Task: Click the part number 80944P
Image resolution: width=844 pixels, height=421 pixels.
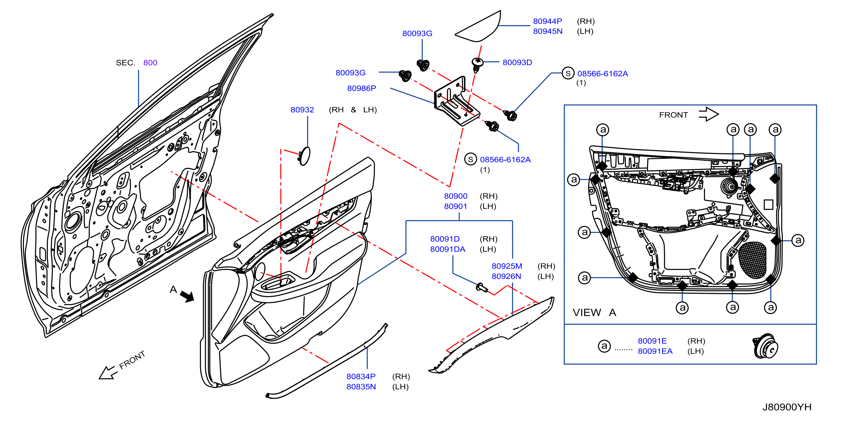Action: [x=547, y=21]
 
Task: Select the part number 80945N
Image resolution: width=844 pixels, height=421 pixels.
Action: [x=547, y=31]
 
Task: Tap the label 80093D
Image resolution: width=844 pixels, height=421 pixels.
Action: [x=517, y=63]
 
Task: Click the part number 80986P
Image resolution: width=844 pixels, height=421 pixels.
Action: [x=361, y=89]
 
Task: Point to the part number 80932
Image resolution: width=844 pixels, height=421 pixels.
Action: [x=302, y=110]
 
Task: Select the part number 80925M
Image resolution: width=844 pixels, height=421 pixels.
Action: [x=507, y=266]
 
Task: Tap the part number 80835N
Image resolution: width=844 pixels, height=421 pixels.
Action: [x=361, y=387]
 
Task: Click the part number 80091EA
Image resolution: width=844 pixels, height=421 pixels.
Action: [x=655, y=351]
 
